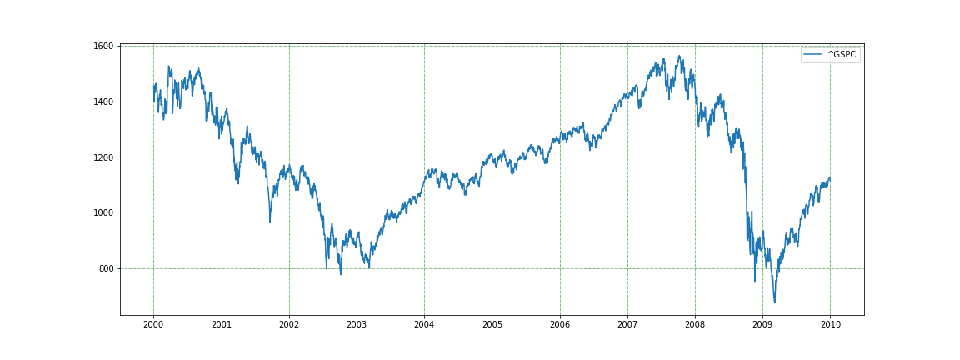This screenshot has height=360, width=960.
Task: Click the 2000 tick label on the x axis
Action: click(153, 323)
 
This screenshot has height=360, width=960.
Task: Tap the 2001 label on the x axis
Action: click(222, 323)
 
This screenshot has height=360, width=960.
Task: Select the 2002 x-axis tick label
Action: click(289, 323)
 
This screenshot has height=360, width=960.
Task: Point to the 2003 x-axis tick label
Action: click(357, 323)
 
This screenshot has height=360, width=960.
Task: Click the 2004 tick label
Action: click(424, 323)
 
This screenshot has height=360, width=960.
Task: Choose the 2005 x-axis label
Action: click(492, 323)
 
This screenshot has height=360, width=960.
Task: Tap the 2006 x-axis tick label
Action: click(560, 323)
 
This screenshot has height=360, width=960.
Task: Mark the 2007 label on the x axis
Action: click(627, 323)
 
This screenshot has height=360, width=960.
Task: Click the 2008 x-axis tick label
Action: click(695, 323)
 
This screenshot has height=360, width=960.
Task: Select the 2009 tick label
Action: click(762, 323)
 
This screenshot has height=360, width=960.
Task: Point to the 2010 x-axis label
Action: click(830, 323)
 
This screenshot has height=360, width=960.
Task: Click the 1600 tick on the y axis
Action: click(104, 47)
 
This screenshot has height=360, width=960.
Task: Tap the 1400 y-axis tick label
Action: click(104, 102)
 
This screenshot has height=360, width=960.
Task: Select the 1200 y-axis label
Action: click(104, 157)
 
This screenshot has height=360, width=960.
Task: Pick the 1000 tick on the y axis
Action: click(104, 213)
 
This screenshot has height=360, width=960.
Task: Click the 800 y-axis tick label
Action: click(107, 268)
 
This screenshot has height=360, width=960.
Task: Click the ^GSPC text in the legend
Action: click(842, 55)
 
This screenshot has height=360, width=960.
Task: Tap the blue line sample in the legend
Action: click(813, 55)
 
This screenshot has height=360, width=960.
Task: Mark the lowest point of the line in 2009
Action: click(775, 302)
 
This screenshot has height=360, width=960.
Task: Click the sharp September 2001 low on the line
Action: click(269, 222)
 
